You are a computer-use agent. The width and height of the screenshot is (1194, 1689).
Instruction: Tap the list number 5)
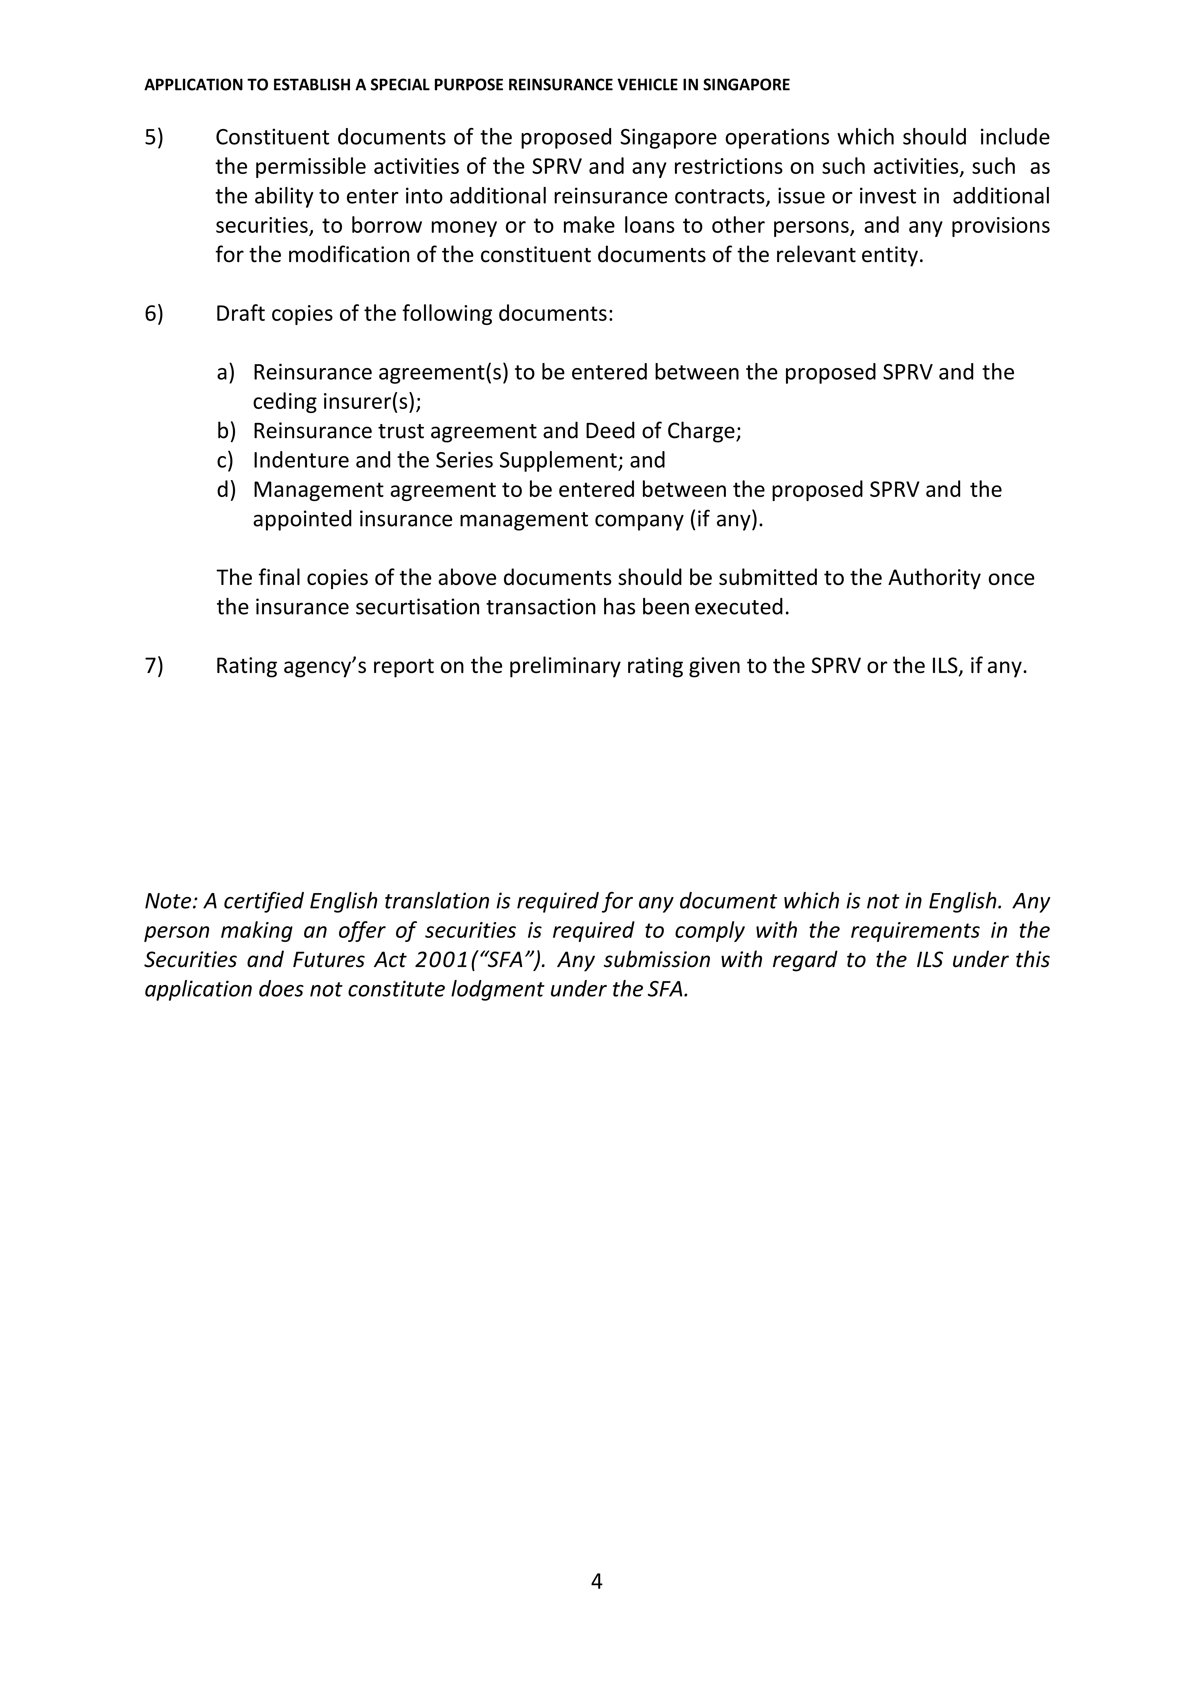(154, 138)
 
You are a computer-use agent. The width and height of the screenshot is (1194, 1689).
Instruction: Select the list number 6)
(154, 314)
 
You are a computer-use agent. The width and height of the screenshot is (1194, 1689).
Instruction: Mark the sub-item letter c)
(225, 461)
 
